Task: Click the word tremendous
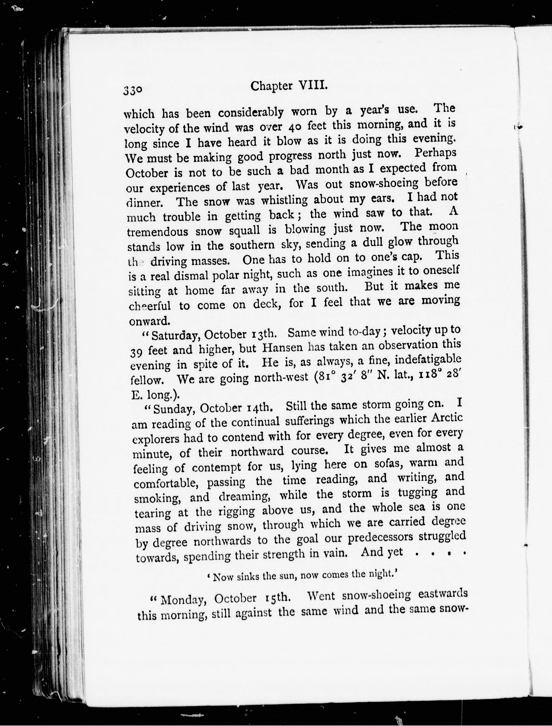point(157,232)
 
